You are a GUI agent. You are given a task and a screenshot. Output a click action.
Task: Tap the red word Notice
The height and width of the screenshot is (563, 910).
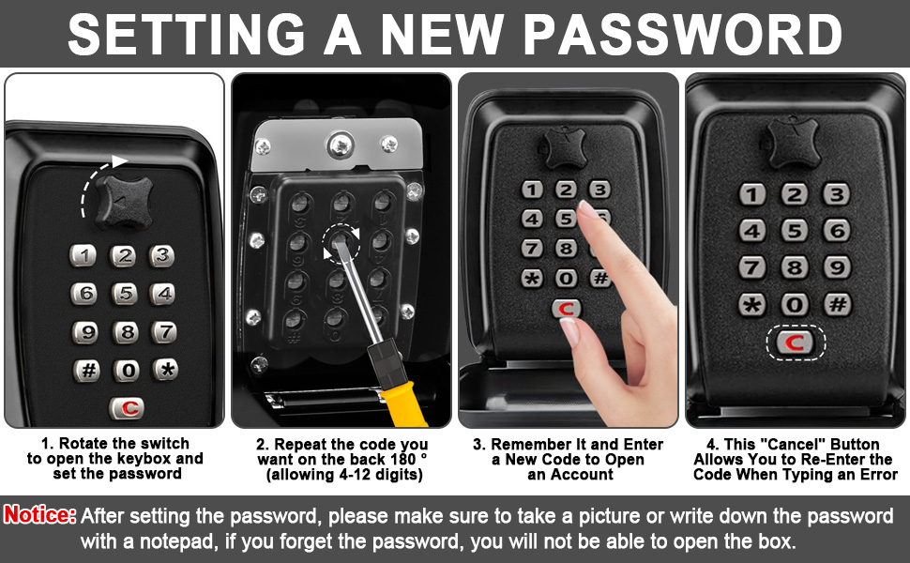coord(40,515)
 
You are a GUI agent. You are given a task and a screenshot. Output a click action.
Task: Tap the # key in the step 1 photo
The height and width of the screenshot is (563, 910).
coord(87,370)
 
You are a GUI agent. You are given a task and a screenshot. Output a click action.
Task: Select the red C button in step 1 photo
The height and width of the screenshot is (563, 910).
coord(126,408)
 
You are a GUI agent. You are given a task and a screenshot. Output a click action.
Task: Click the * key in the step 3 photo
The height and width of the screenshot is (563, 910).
coord(531,278)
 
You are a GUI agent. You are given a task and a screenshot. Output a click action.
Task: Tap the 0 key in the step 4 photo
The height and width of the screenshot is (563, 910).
coord(795,305)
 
